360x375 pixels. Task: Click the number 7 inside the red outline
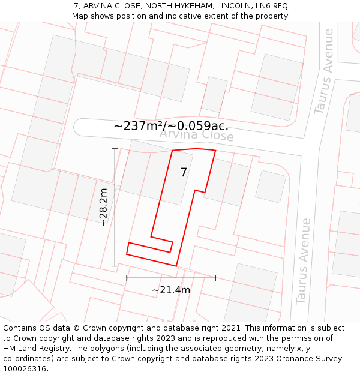184,173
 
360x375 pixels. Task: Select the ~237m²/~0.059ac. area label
171,126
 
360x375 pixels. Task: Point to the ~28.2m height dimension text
103,207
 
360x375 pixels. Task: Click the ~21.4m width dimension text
171,290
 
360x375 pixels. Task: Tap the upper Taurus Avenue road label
323,71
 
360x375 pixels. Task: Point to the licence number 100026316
25,369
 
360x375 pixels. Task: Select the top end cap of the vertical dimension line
115,148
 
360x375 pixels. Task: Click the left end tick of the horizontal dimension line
127,278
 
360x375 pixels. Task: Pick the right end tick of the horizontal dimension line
215,278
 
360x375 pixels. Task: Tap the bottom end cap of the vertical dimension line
115,266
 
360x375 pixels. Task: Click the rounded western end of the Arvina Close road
76,127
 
